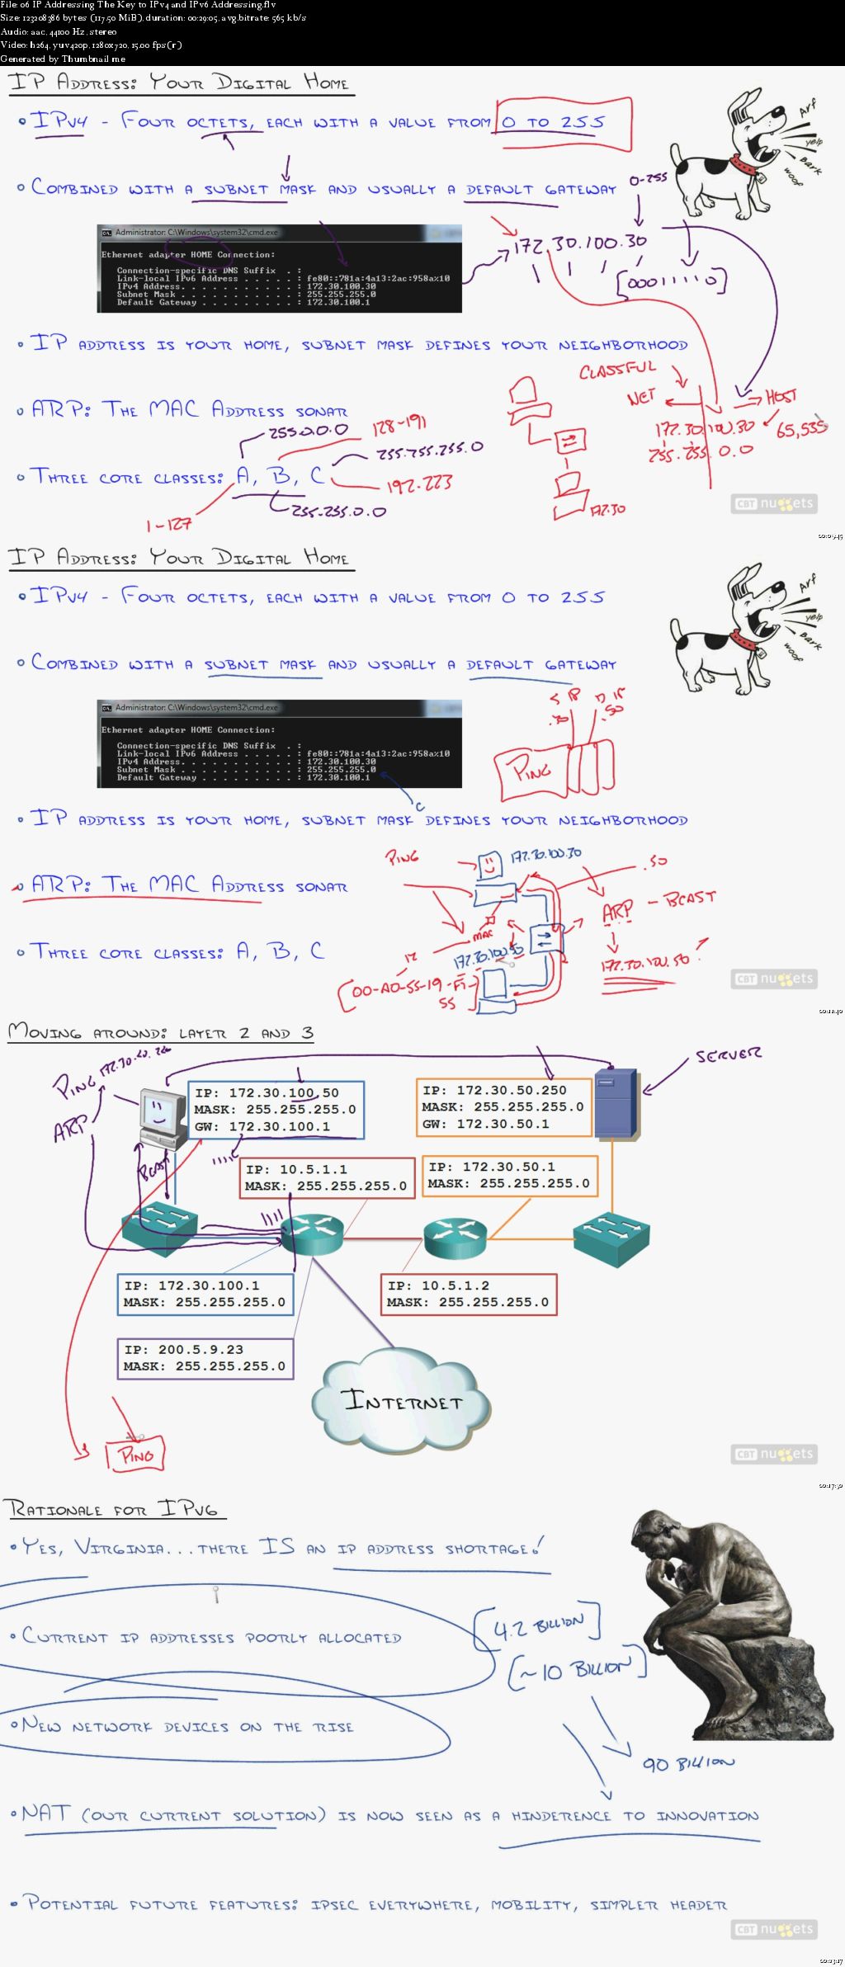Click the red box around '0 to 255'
(564, 123)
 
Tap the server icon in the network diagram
(615, 1102)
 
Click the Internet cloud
(401, 1400)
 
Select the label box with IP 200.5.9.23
(205, 1358)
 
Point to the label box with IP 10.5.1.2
(467, 1294)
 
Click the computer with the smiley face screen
(161, 1116)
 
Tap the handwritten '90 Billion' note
(687, 1763)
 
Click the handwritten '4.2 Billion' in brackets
(538, 1626)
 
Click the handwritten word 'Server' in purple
(728, 1055)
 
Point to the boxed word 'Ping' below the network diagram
(135, 1455)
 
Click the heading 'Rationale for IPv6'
(114, 1508)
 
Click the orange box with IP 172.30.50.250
(503, 1107)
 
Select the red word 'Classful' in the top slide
(617, 370)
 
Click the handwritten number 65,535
(800, 428)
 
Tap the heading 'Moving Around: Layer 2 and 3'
(160, 1032)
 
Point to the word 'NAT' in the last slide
(46, 1813)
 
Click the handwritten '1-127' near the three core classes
(168, 525)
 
